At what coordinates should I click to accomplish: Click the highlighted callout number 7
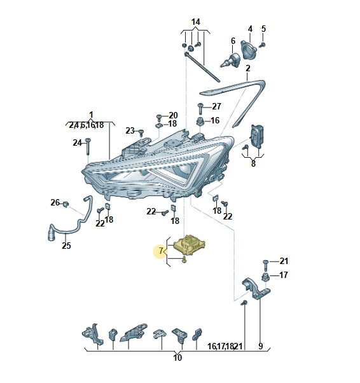click(161, 251)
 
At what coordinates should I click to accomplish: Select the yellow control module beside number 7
click(190, 244)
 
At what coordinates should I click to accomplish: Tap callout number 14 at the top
click(196, 22)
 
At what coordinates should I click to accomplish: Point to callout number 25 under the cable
click(66, 245)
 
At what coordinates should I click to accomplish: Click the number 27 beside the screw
click(216, 106)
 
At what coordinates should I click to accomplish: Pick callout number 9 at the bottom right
click(261, 346)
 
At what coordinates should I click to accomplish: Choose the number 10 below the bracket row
click(177, 358)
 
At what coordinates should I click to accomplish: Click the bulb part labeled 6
click(230, 60)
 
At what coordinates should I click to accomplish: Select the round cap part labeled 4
click(249, 50)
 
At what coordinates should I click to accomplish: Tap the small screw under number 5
click(262, 45)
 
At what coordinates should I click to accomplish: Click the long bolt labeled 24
click(88, 146)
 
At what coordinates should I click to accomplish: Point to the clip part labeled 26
click(66, 204)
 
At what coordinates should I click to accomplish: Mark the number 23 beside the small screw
click(130, 130)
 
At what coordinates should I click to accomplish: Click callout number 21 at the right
click(284, 261)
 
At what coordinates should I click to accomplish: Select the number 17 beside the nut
click(283, 275)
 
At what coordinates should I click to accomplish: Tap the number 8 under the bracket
click(253, 164)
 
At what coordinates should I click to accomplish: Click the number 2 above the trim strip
click(248, 68)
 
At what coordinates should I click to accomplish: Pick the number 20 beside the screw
click(173, 115)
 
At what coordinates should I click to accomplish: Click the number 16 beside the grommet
click(215, 120)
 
